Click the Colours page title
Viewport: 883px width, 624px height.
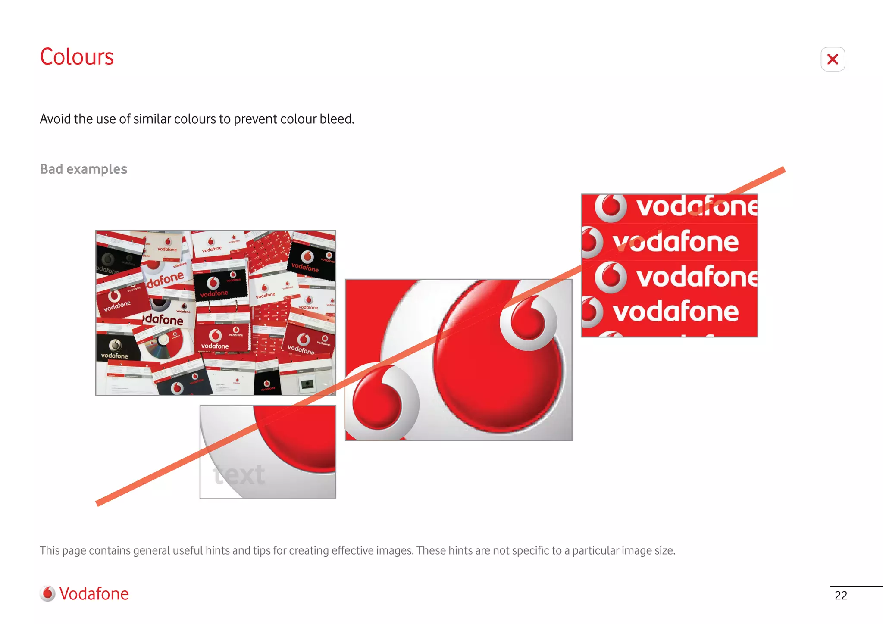(77, 57)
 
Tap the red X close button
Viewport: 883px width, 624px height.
(833, 59)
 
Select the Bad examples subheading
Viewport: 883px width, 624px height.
(83, 169)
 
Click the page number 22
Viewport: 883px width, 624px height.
(841, 595)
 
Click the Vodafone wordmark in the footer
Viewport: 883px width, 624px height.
(94, 593)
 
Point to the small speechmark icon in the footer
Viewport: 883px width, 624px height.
(47, 593)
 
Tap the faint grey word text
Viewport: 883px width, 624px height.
(239, 475)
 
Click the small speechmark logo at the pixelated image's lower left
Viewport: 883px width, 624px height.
(379, 403)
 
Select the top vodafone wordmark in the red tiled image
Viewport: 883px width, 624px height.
(696, 206)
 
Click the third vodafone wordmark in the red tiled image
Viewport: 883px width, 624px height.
(696, 277)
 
